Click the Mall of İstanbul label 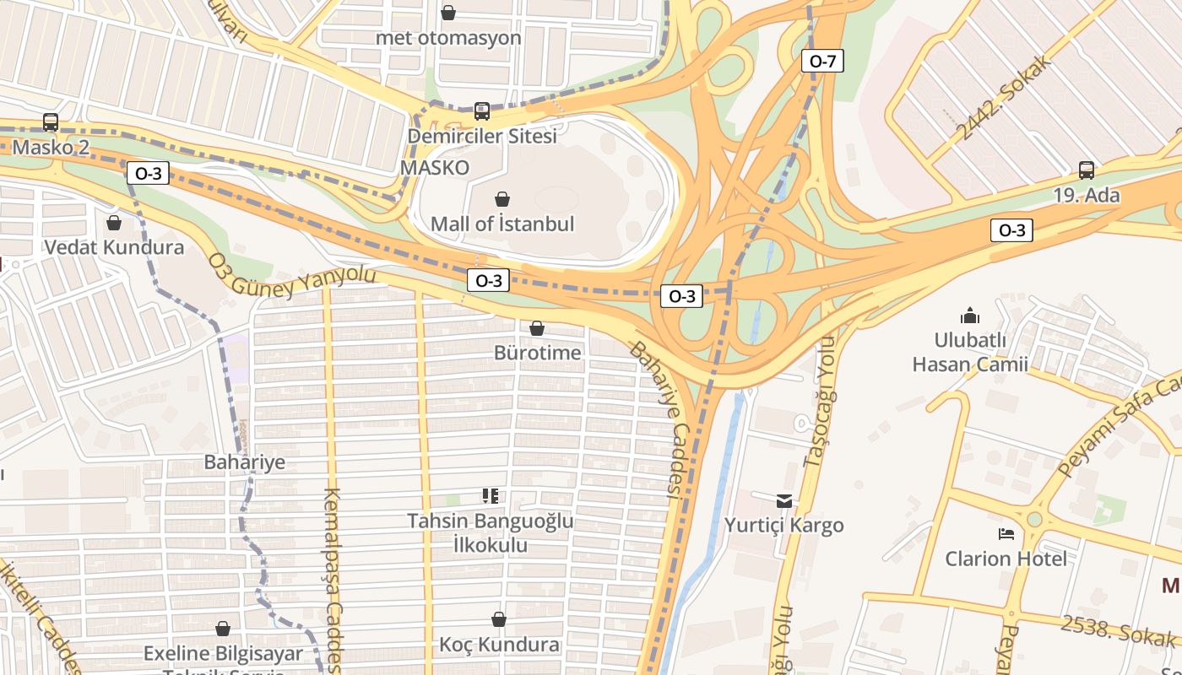click(x=502, y=224)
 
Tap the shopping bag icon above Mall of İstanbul click(x=502, y=199)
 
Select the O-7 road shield click(x=822, y=61)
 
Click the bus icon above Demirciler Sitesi click(x=482, y=111)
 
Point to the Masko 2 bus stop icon click(x=51, y=122)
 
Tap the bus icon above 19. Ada click(x=1087, y=170)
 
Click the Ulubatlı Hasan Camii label click(x=970, y=352)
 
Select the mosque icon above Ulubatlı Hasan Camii click(x=970, y=316)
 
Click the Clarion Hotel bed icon click(x=1006, y=534)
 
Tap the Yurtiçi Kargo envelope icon click(x=784, y=500)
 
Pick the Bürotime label click(x=538, y=352)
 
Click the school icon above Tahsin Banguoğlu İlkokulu click(x=491, y=495)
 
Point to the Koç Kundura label click(x=499, y=645)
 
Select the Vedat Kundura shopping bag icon click(x=114, y=223)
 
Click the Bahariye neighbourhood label click(x=245, y=462)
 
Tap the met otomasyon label click(x=448, y=38)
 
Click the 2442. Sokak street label click(x=1006, y=97)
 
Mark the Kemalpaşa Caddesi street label click(x=332, y=582)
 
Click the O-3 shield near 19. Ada click(x=1011, y=230)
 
